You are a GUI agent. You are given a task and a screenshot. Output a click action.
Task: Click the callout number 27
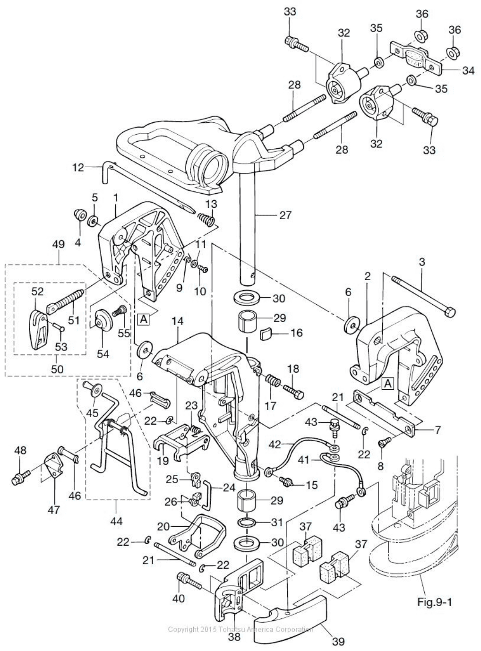click(285, 215)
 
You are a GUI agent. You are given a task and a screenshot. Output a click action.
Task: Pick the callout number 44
click(116, 521)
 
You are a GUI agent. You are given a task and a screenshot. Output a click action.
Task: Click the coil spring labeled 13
click(205, 220)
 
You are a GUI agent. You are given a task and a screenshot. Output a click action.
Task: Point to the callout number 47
click(56, 510)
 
